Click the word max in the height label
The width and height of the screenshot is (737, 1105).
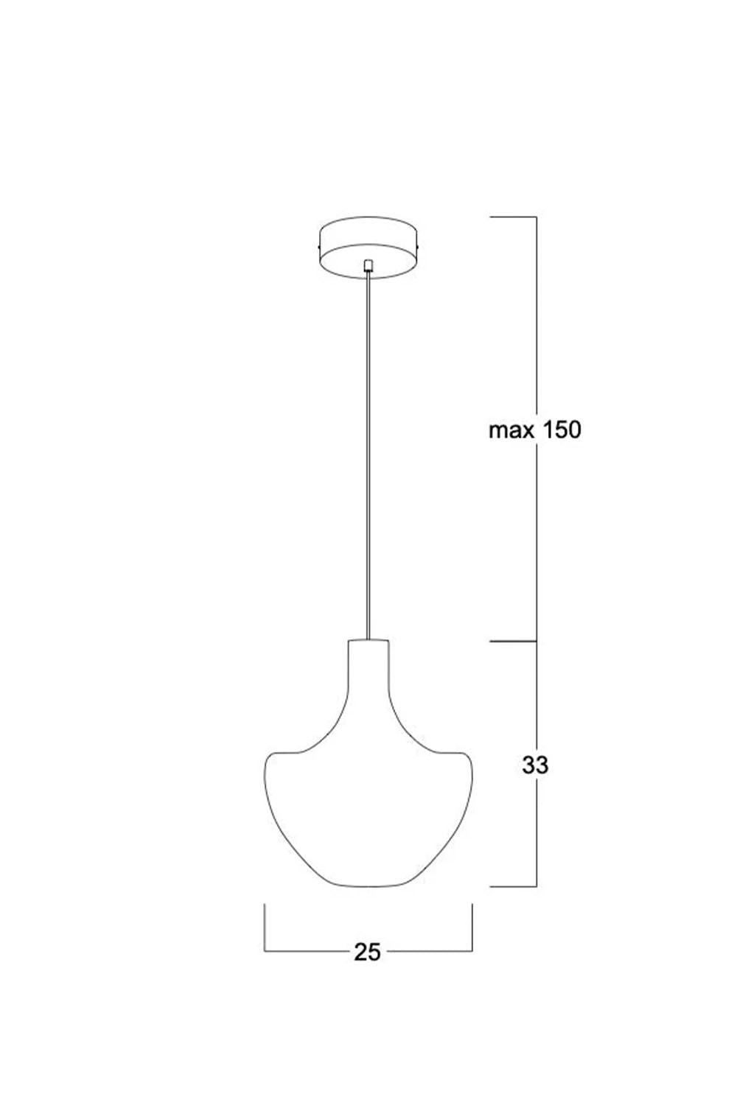(511, 431)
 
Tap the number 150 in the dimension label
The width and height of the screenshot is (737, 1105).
(562, 430)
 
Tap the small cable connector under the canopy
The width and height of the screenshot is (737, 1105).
(368, 266)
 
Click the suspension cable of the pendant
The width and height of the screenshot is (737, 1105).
(368, 456)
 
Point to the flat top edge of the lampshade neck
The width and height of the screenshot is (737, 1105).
(368, 640)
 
